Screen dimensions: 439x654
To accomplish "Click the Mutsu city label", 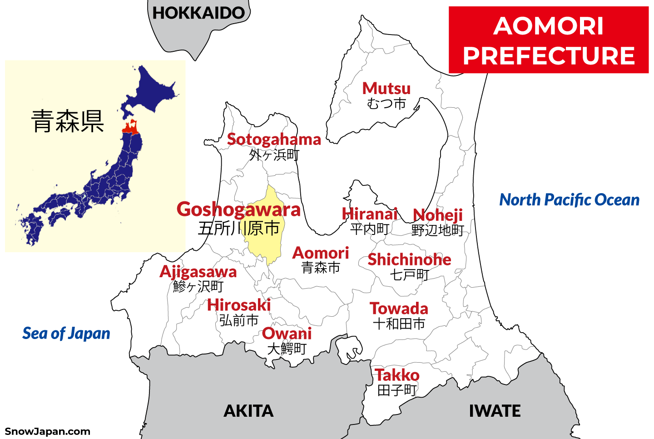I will coord(386,89).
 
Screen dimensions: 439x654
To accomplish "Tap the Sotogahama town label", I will coord(274,140).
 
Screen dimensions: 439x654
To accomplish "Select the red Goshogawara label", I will coord(238,210).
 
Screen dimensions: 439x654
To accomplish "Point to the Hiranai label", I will coord(370,214).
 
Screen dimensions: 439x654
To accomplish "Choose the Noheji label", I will coord(438,215).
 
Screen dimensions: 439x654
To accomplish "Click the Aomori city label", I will coord(321,253).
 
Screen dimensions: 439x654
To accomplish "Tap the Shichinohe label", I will coord(409,259).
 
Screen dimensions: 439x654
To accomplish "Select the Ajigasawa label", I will coord(198,272).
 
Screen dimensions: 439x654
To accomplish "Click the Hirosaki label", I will coord(239,305).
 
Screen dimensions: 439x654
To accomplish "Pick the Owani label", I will coord(287,334).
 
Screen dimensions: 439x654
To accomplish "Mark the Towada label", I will coord(399,309).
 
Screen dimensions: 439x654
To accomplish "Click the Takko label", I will coord(397,375).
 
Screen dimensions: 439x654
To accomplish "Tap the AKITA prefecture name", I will coord(248,411).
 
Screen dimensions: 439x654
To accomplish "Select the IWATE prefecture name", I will coord(495,411).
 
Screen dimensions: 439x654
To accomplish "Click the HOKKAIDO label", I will coord(198,13).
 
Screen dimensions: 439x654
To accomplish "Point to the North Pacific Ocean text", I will coord(569,200).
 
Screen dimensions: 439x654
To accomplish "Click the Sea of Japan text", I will coord(66,334).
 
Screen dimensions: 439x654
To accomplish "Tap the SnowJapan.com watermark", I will coord(47,432).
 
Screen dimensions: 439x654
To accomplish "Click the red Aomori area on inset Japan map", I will coord(130,128).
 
